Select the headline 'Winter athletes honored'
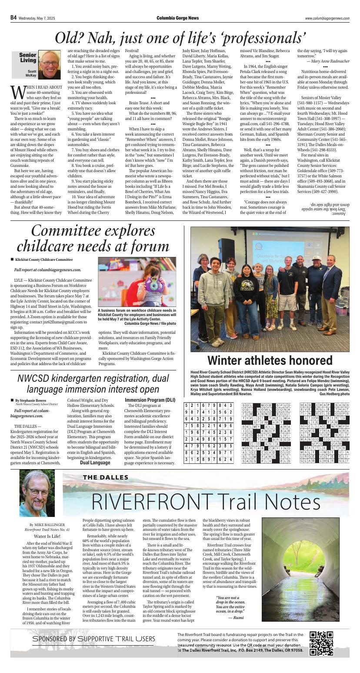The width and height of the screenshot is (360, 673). [x=270, y=360]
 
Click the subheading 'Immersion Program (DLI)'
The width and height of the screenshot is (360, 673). [x=150, y=400]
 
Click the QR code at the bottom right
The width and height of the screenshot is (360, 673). [x=321, y=643]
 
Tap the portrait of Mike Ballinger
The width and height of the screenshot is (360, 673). [x=37, y=493]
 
